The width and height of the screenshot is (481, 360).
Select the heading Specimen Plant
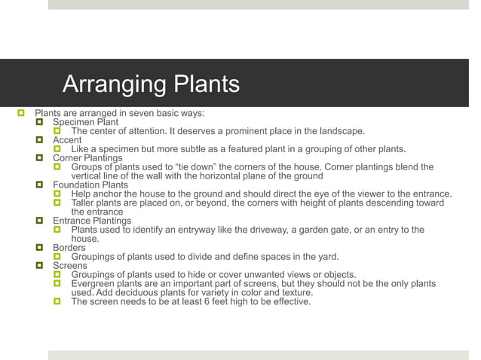[x=85, y=122]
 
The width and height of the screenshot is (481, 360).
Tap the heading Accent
[x=67, y=140]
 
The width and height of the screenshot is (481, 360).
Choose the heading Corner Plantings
[x=87, y=158]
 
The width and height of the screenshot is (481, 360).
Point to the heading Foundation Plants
[x=90, y=185]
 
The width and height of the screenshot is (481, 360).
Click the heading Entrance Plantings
[x=92, y=221]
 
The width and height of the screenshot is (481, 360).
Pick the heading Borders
[x=69, y=247]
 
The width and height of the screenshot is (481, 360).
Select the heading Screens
[x=70, y=265]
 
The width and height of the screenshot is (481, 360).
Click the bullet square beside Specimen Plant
[x=41, y=122]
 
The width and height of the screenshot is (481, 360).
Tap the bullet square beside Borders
[x=41, y=247]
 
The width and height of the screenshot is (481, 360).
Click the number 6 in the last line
[x=215, y=301]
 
